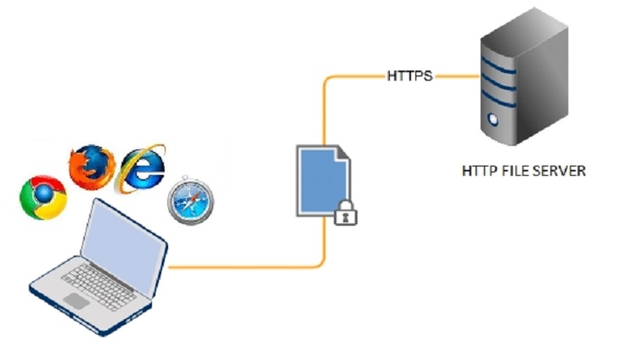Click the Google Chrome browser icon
43,197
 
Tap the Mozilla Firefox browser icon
91,166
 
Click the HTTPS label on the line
409,76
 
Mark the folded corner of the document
341,153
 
